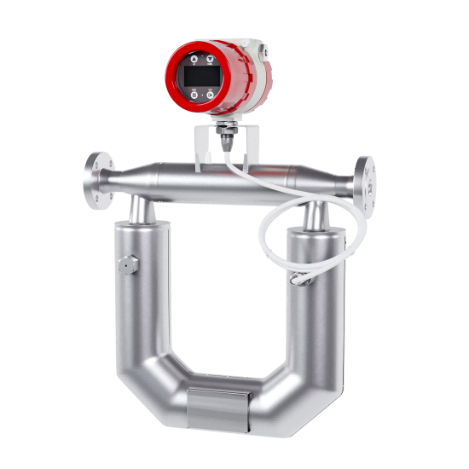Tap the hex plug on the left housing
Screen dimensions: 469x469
pyautogui.click(x=125, y=265)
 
